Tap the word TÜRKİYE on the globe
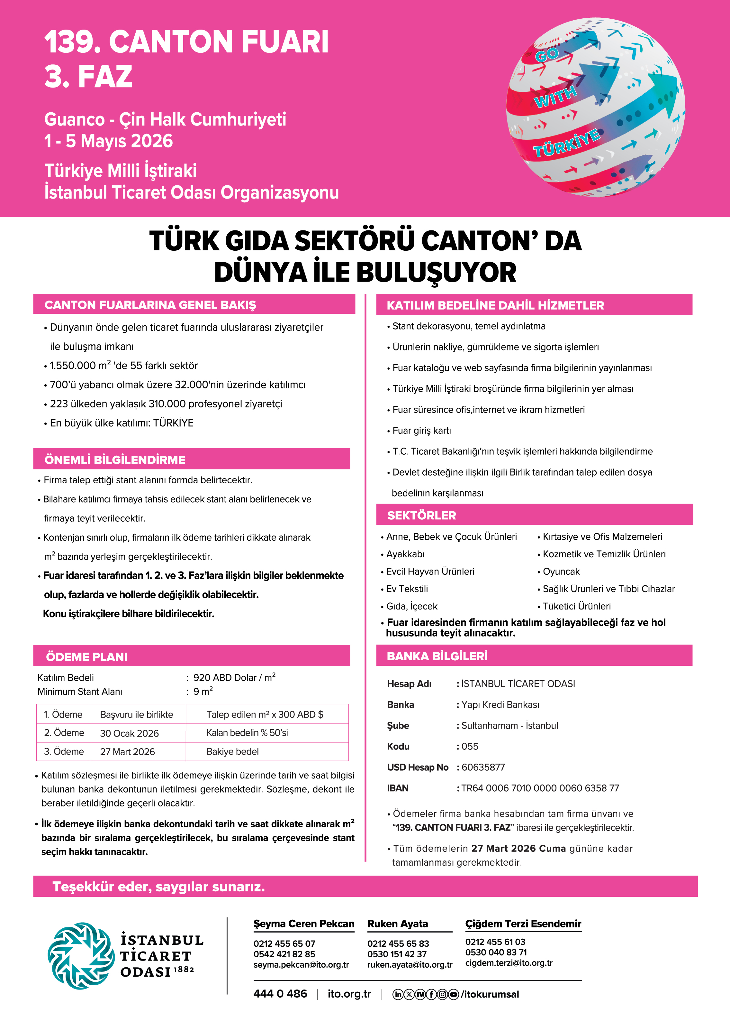click(566, 143)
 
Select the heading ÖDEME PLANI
click(87, 656)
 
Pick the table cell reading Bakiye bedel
click(232, 751)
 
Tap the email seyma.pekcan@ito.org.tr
click(301, 964)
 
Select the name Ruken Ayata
click(397, 924)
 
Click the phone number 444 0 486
click(280, 994)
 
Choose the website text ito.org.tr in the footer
click(349, 994)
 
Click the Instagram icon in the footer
click(442, 994)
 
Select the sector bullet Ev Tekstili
click(407, 589)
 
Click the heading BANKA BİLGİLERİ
click(437, 656)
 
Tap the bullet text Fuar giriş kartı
click(422, 431)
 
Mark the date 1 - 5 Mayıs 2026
click(108, 141)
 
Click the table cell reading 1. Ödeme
click(63, 714)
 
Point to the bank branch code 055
click(470, 746)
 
